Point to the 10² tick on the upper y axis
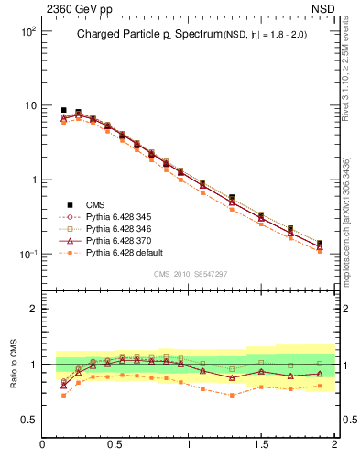27,31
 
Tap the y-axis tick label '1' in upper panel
32,180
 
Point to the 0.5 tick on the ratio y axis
27,420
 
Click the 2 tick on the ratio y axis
32,310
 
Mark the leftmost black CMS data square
63,110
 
